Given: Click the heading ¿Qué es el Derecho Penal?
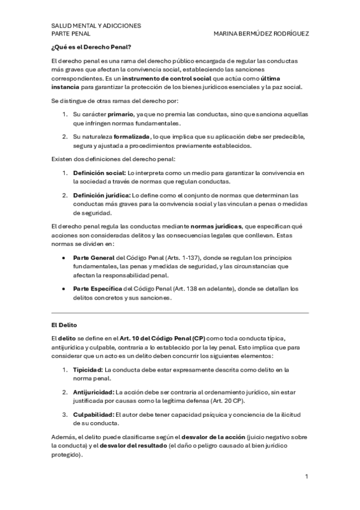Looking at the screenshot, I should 91,46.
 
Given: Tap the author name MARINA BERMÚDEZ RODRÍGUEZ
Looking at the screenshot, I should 261,34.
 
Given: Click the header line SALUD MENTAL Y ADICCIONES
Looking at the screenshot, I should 96,26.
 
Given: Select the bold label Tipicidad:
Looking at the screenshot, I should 88,369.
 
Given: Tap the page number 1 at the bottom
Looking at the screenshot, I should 307,477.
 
